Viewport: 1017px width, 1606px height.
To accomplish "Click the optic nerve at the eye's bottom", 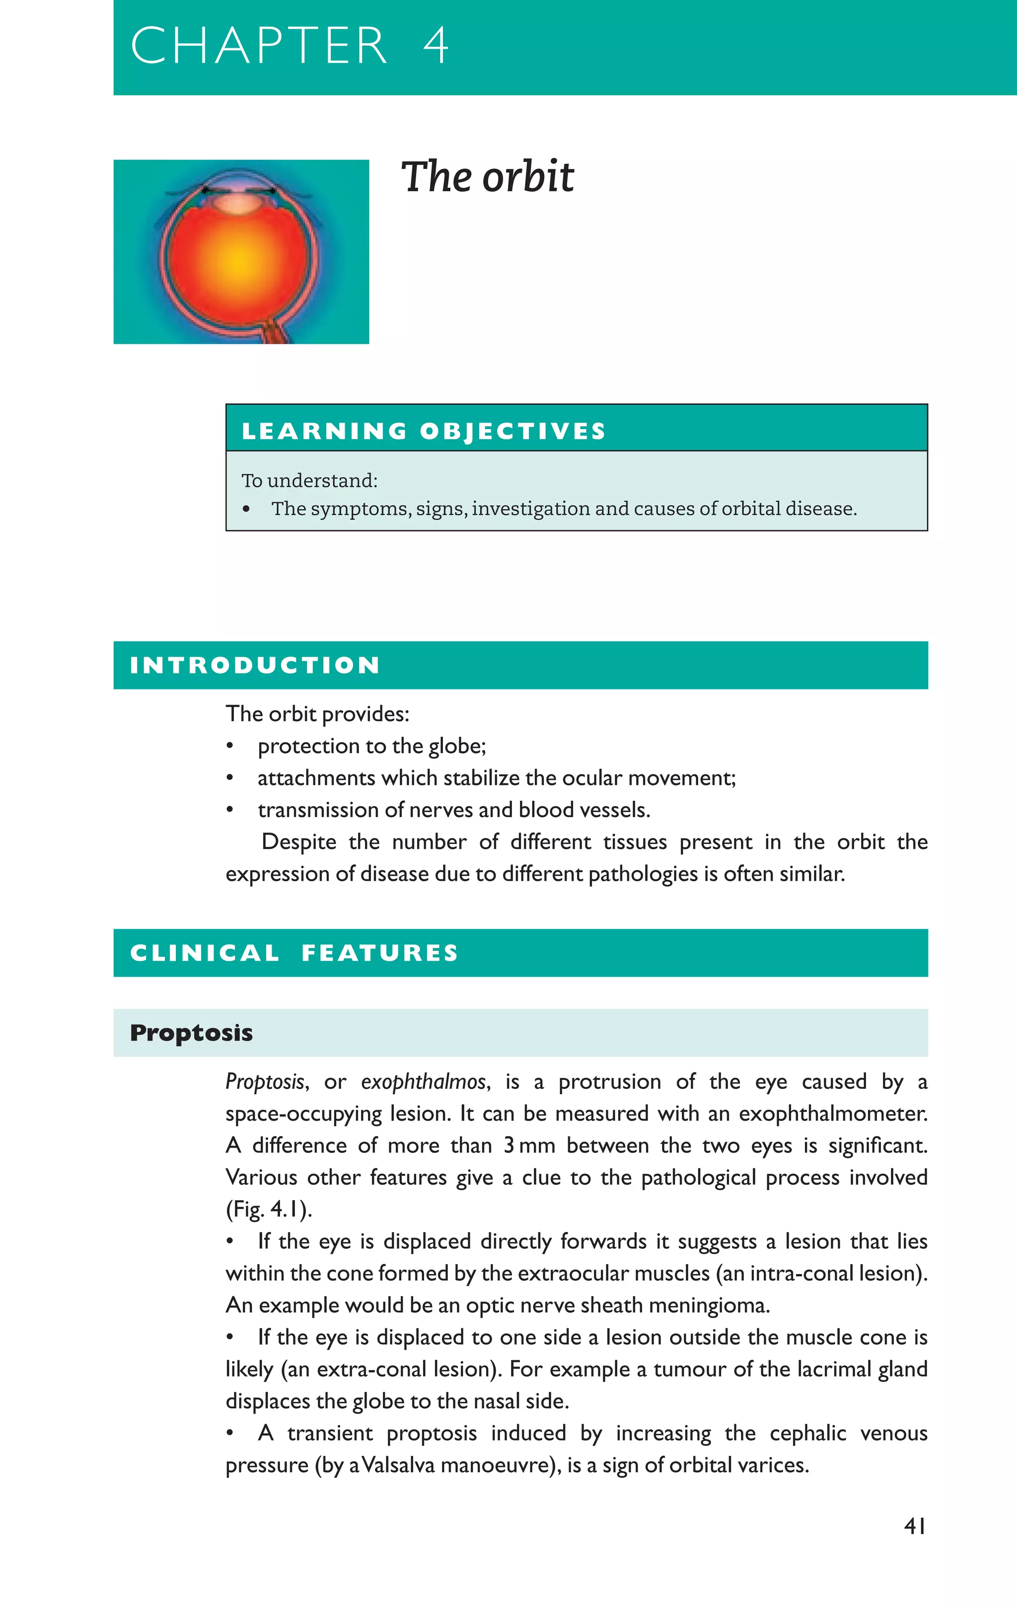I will click(274, 331).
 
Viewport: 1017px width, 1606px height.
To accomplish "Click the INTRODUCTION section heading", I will click(255, 665).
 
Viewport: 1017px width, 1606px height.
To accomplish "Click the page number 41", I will click(914, 1526).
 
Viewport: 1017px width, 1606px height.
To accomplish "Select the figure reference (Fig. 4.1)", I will click(269, 1209).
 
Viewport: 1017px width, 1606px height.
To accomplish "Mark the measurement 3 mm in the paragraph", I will click(529, 1146).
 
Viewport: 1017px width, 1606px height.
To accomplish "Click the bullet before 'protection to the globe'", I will click(229, 746).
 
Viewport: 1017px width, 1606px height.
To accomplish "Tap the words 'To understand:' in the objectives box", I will click(309, 480).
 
